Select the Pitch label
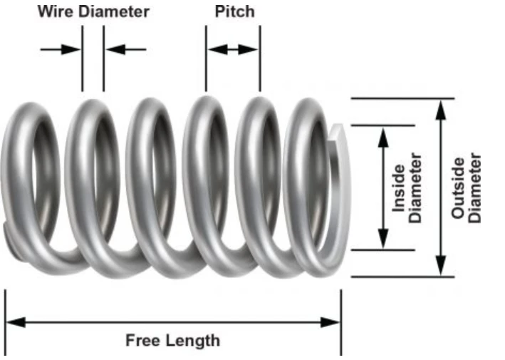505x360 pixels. point(234,11)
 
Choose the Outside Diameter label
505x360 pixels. point(467,187)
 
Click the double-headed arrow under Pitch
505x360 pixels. point(233,49)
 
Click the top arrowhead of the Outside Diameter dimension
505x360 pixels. point(442,107)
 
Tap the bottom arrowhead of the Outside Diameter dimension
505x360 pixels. point(442,268)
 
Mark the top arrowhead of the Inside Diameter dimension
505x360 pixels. point(383,134)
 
